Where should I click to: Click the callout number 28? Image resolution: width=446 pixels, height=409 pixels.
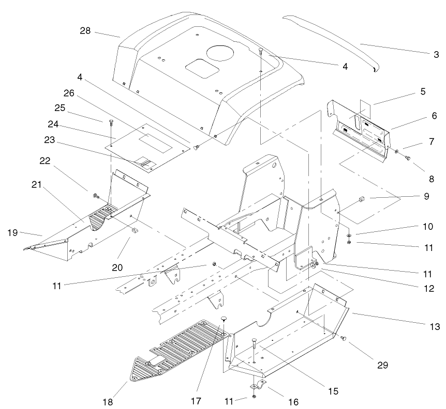click(x=85, y=31)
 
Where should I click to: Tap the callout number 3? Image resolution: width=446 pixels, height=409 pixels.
click(x=436, y=54)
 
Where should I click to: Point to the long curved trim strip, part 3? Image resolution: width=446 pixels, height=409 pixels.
click(x=331, y=39)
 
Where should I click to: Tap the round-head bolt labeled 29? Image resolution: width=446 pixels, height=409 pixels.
click(x=344, y=338)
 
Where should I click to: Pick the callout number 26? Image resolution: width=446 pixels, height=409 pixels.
click(x=84, y=93)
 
